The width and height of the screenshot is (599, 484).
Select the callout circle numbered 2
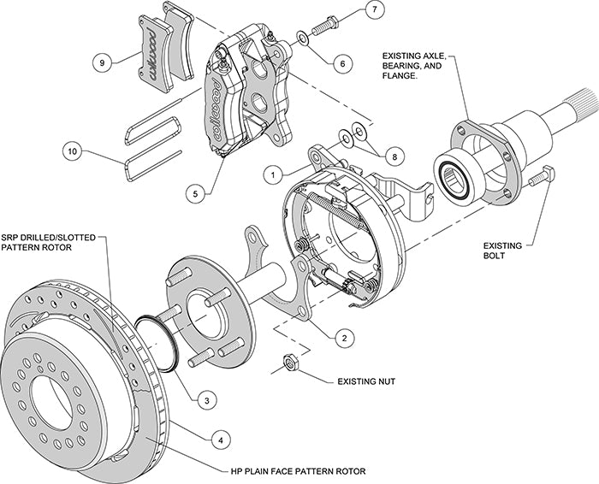pyautogui.click(x=342, y=337)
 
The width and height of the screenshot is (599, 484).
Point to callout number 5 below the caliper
pyautogui.click(x=196, y=193)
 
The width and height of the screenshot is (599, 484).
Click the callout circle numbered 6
pyautogui.click(x=341, y=62)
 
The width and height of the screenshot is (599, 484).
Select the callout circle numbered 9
pyautogui.click(x=103, y=62)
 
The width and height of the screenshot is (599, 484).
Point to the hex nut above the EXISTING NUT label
pyautogui.click(x=289, y=363)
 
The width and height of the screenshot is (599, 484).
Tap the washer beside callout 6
pyautogui.click(x=304, y=38)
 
